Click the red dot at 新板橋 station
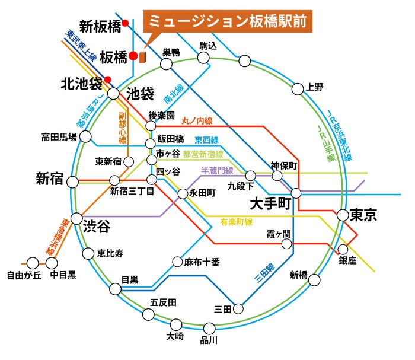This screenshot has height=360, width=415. click(125, 23)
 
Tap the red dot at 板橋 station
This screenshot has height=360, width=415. click(133, 56)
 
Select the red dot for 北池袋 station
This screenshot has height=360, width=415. click(107, 79)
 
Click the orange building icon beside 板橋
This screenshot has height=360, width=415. click(143, 58)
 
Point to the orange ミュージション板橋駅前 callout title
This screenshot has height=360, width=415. click(228, 21)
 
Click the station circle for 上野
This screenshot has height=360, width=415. click(298, 89)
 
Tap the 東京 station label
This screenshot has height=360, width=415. click(363, 215)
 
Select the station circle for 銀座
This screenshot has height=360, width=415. click(343, 249)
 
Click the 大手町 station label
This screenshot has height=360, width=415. click(270, 204)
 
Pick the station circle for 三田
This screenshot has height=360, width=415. click(238, 308)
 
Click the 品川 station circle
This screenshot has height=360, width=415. click(209, 329)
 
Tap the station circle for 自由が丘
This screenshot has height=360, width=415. click(33, 263)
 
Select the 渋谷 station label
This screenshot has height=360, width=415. click(97, 227)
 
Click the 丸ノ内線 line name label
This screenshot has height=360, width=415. click(197, 121)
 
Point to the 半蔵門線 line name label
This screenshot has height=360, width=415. click(217, 170)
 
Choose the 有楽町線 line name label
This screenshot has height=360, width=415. click(237, 222)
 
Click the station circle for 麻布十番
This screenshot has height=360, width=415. click(177, 262)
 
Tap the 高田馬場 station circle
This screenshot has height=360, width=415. click(85, 137)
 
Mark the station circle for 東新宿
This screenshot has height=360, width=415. click(129, 162)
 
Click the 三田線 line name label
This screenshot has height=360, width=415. click(265, 273)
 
